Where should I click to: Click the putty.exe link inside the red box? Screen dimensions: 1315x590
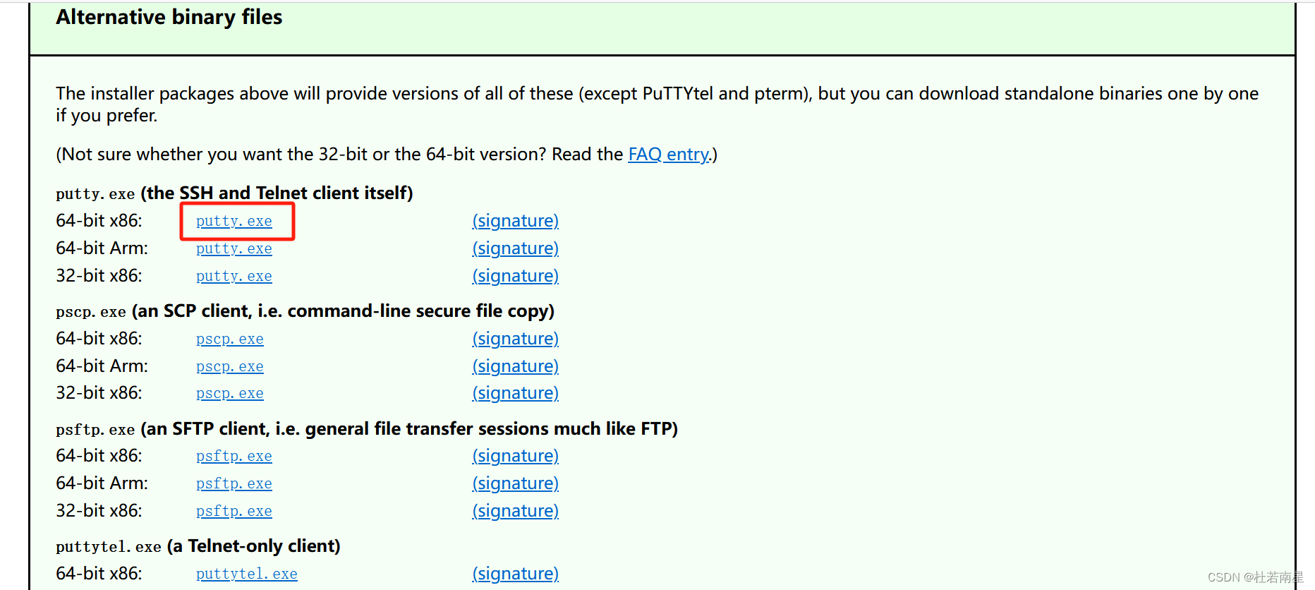pyautogui.click(x=234, y=221)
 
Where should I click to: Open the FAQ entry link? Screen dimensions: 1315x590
pyautogui.click(x=669, y=155)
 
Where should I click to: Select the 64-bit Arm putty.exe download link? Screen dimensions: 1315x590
pyautogui.click(x=234, y=248)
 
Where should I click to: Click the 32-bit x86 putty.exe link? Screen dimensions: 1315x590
pyautogui.click(x=234, y=276)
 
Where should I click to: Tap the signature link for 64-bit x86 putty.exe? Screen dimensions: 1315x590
pyautogui.click(x=515, y=221)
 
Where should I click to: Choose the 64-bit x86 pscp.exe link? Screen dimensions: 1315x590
pyautogui.click(x=229, y=339)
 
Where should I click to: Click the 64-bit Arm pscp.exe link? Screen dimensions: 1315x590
pyautogui.click(x=229, y=366)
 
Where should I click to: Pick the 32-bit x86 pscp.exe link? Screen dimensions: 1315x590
pyautogui.click(x=229, y=393)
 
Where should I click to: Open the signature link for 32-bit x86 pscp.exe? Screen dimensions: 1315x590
pyautogui.click(x=515, y=393)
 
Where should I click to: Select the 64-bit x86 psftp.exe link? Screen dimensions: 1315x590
pyautogui.click(x=234, y=456)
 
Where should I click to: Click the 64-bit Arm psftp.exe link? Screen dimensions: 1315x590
pyautogui.click(x=234, y=483)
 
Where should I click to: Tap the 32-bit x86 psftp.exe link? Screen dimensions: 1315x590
pyautogui.click(x=234, y=511)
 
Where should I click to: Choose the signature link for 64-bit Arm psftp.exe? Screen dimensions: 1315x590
pyautogui.click(x=515, y=483)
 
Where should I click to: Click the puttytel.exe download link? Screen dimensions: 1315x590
pyautogui.click(x=246, y=574)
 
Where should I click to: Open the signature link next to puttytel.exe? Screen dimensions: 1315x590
pyautogui.click(x=515, y=574)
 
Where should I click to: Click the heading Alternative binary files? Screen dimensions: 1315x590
pyautogui.click(x=169, y=17)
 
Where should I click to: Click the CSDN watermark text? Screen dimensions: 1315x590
pyautogui.click(x=1254, y=577)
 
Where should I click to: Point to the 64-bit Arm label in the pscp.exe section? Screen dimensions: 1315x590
pyautogui.click(x=102, y=366)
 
